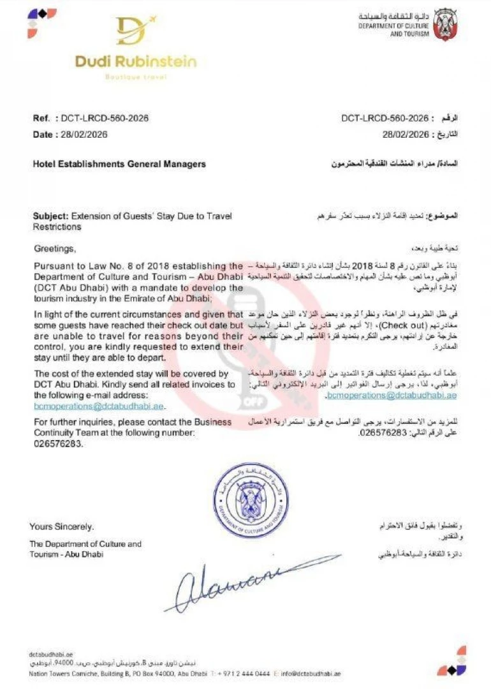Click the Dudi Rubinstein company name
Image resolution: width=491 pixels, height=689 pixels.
(x=135, y=62)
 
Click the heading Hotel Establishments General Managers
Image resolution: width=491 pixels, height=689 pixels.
(x=119, y=164)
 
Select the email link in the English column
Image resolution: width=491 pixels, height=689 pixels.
(x=99, y=406)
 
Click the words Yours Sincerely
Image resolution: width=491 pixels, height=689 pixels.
(x=61, y=526)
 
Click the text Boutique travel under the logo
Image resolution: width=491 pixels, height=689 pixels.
(x=136, y=77)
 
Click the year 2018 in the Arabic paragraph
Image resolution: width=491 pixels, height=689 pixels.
(x=363, y=265)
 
